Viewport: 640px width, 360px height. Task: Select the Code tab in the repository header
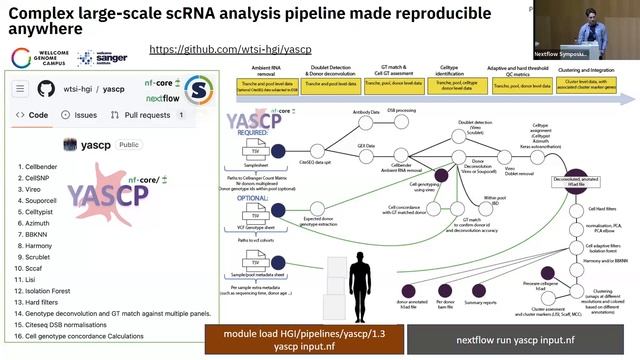click(x=33, y=115)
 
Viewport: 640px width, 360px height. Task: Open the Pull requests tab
click(x=144, y=115)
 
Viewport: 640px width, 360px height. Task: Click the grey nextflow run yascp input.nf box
click(x=516, y=339)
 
